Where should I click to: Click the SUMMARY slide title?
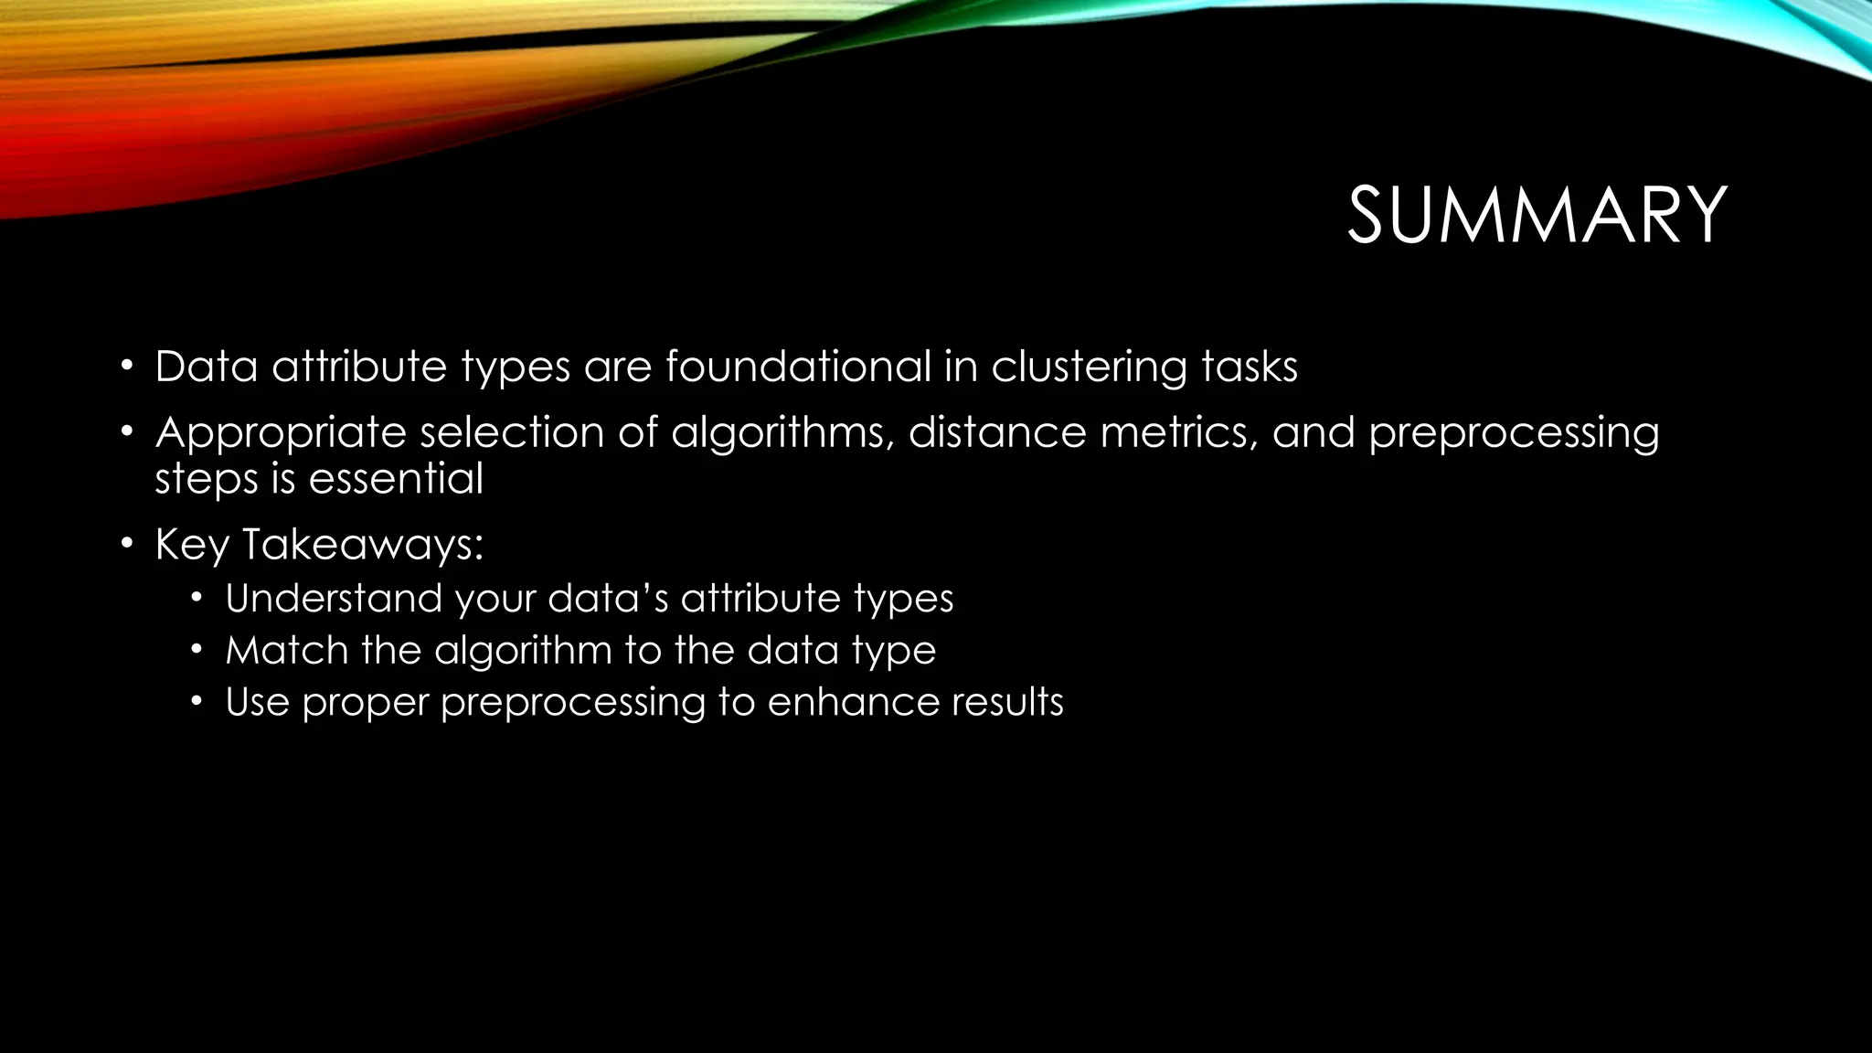pyautogui.click(x=1537, y=216)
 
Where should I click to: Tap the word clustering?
pyautogui.click(x=1089, y=367)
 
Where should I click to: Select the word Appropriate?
pyautogui.click(x=280, y=433)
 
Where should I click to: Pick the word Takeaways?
pyautogui.click(x=363, y=545)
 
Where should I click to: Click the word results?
pyautogui.click(x=1007, y=702)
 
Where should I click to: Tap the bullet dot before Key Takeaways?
pyautogui.click(x=128, y=545)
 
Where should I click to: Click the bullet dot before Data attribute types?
pyautogui.click(x=128, y=367)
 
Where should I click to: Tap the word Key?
pyautogui.click(x=192, y=545)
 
